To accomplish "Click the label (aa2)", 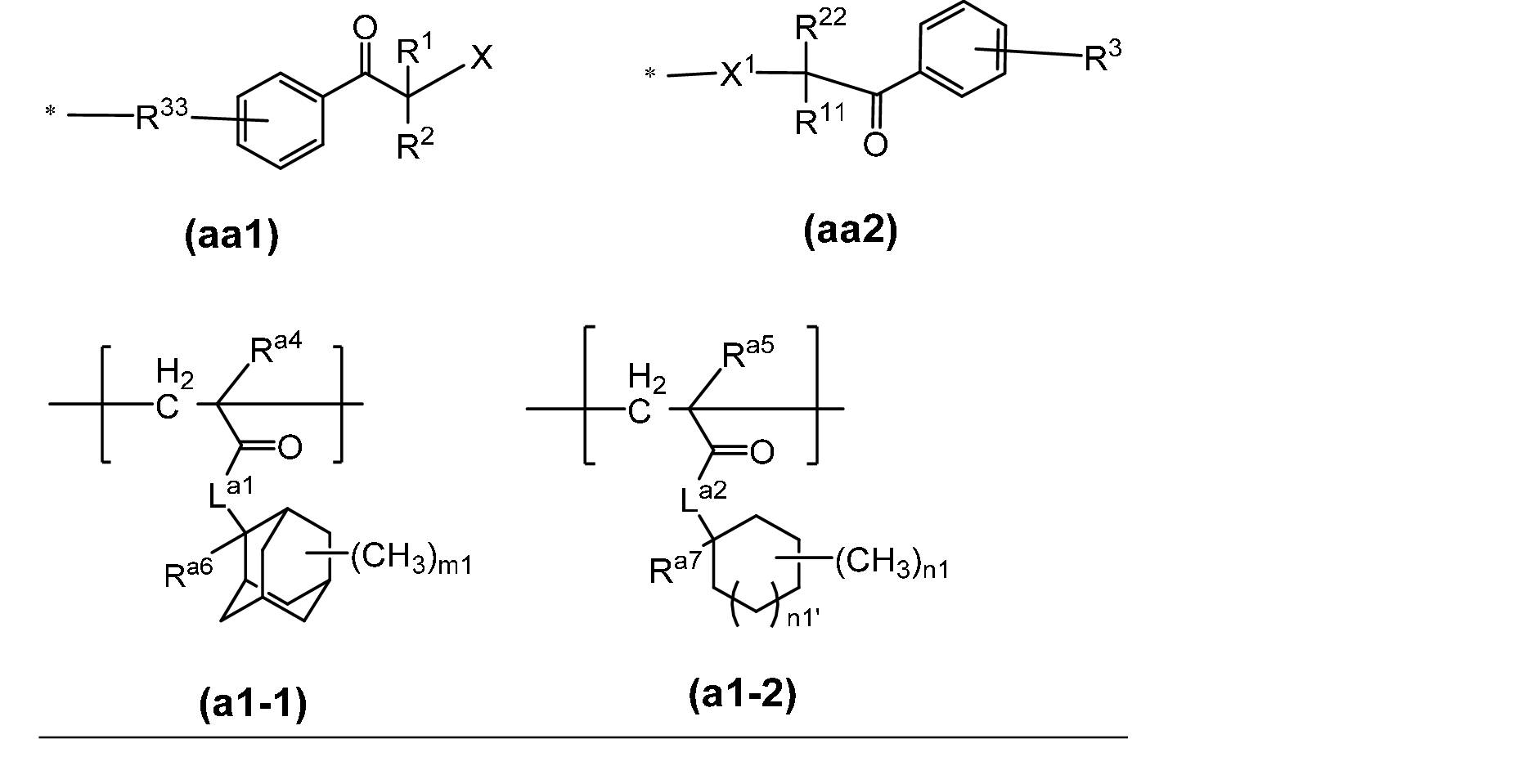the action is (x=851, y=231).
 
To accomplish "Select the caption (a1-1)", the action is (x=254, y=704).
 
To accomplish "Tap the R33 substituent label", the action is (x=162, y=116).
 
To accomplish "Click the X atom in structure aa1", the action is (x=482, y=57).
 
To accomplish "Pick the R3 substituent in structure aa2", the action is (x=1103, y=56).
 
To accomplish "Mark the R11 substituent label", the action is (x=820, y=120).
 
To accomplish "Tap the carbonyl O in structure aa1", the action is (x=365, y=29).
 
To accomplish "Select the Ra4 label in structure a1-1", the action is (x=276, y=348).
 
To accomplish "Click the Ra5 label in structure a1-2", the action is (x=747, y=352).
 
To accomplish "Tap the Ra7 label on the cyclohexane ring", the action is (x=675, y=567).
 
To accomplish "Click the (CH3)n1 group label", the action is (x=892, y=564).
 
